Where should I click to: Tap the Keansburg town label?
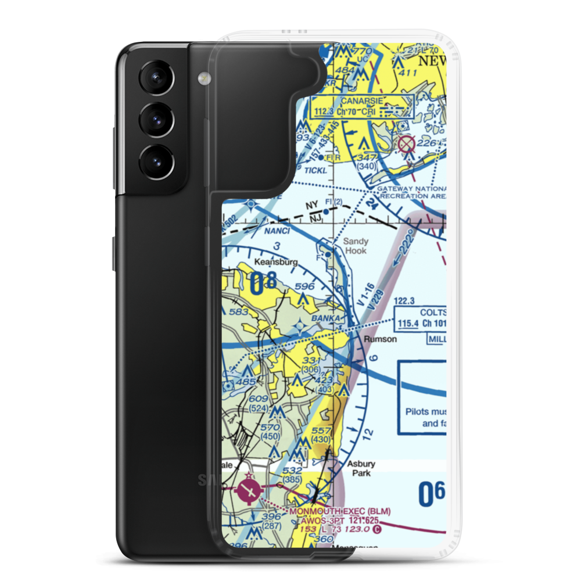pyautogui.click(x=277, y=262)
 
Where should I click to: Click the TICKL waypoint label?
pyautogui.click(x=315, y=170)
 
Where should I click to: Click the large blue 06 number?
pyautogui.click(x=432, y=495)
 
